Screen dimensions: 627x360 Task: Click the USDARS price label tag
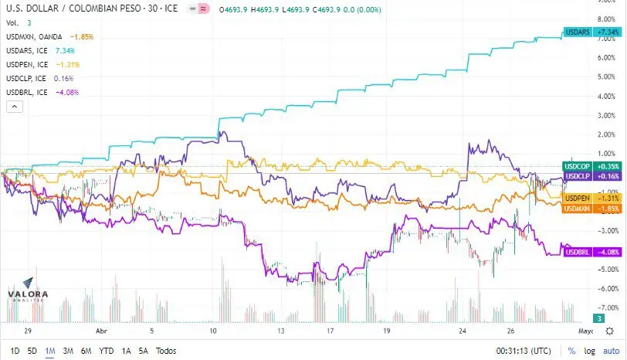click(592, 32)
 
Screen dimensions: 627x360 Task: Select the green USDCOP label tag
click(592, 166)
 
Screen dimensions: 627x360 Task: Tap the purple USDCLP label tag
click(592, 176)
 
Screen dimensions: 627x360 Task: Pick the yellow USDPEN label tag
click(592, 198)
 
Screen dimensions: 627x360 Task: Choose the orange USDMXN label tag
click(592, 209)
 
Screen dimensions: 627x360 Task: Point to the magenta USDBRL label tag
click(593, 252)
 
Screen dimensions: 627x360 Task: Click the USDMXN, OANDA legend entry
click(49, 37)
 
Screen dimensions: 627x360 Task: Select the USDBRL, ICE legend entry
click(42, 93)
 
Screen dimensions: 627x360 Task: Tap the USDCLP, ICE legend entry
click(39, 78)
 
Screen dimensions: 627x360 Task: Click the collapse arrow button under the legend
click(15, 107)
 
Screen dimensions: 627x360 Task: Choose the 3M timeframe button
click(68, 352)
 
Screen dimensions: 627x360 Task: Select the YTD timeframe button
click(106, 352)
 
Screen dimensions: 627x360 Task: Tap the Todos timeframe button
click(166, 352)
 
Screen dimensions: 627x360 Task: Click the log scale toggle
click(589, 352)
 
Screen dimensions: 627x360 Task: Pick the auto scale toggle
click(611, 352)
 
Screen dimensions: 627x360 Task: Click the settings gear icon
click(609, 331)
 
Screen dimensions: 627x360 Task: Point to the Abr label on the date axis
click(102, 331)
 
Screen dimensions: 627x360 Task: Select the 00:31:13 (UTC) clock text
click(524, 352)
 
